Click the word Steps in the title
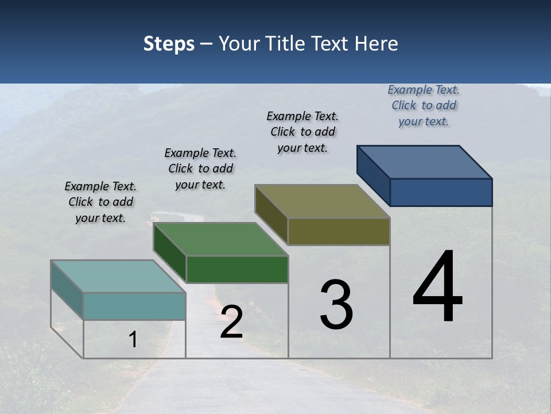point(169,44)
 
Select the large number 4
point(437,287)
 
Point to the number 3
point(336,305)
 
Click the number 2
point(231,323)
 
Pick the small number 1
point(133,340)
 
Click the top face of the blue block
point(425,162)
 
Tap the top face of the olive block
point(323,201)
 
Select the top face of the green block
point(220,239)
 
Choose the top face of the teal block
point(118,277)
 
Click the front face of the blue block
point(441,192)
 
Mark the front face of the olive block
point(339,231)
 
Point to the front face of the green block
point(237,269)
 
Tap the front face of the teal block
point(134,306)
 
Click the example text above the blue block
point(424,106)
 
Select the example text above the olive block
point(302,132)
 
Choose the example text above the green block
point(200,168)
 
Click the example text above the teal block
point(100,202)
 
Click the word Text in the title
point(333,44)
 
